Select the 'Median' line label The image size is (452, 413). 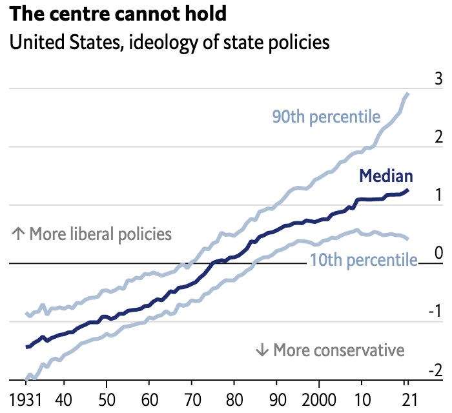[x=386, y=176]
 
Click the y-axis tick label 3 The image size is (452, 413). [x=438, y=80]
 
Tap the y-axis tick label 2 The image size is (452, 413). [x=438, y=138]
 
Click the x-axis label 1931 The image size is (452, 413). [x=26, y=396]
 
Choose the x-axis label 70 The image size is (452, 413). [x=192, y=396]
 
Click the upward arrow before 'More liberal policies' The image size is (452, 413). [x=18, y=234]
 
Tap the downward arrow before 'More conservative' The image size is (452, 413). [x=262, y=350]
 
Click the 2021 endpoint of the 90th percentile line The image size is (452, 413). [x=408, y=94]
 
